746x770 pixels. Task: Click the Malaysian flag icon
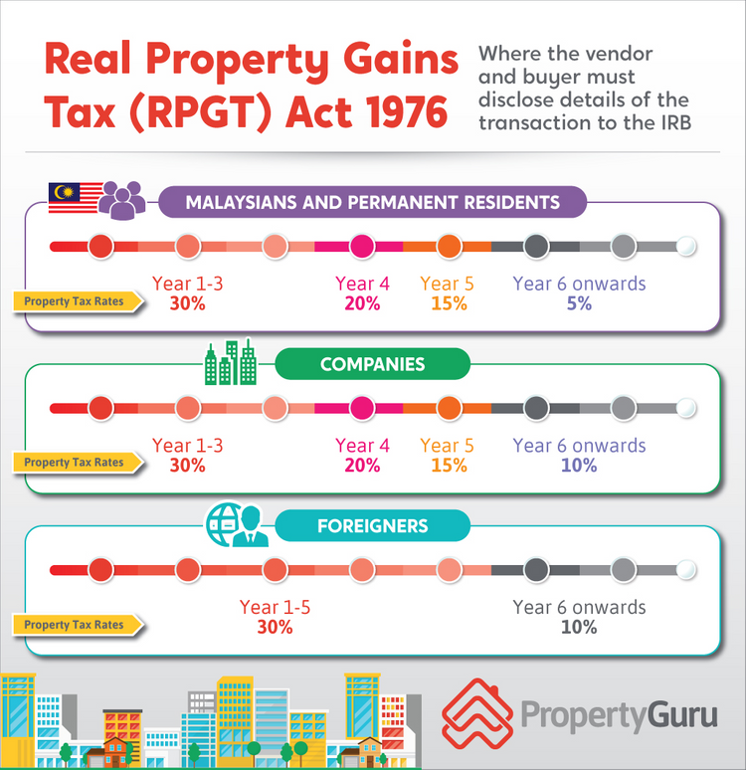click(x=73, y=198)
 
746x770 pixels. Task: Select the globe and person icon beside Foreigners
click(x=237, y=524)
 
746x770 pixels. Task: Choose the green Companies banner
click(x=372, y=365)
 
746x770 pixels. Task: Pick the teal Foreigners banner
click(x=372, y=526)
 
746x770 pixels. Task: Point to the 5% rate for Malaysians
click(x=579, y=303)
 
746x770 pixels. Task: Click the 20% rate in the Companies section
click(x=362, y=465)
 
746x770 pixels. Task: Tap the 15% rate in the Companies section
click(x=449, y=465)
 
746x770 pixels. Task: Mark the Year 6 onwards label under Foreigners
click(x=579, y=607)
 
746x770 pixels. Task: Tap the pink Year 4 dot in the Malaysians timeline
click(x=362, y=246)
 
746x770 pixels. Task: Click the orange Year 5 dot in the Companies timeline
click(x=449, y=408)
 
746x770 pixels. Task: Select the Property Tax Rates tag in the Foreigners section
click(x=76, y=625)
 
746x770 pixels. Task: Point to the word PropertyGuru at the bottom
click(x=618, y=715)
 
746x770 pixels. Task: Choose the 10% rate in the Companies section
click(x=579, y=465)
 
